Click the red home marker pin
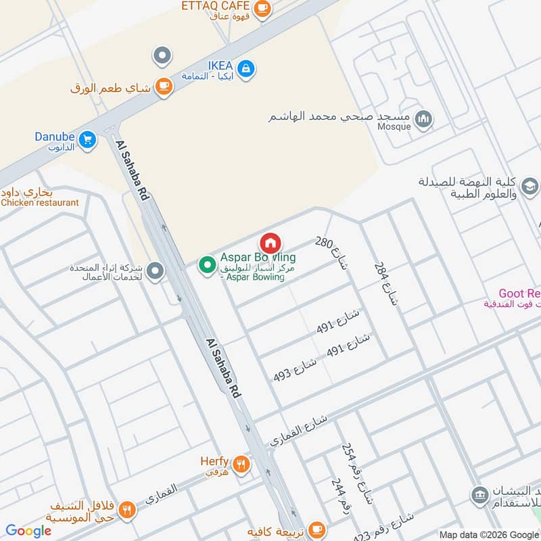pyautogui.click(x=270, y=243)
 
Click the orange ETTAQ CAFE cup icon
pyautogui.click(x=263, y=9)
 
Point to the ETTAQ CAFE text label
pyautogui.click(x=216, y=6)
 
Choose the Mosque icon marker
pyautogui.click(x=424, y=119)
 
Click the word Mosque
pyautogui.click(x=394, y=127)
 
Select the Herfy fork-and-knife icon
pyautogui.click(x=241, y=465)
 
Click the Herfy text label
pyautogui.click(x=214, y=461)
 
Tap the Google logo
pyautogui.click(x=28, y=531)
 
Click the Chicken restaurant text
pyautogui.click(x=41, y=202)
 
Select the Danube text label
pyautogui.click(x=55, y=137)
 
